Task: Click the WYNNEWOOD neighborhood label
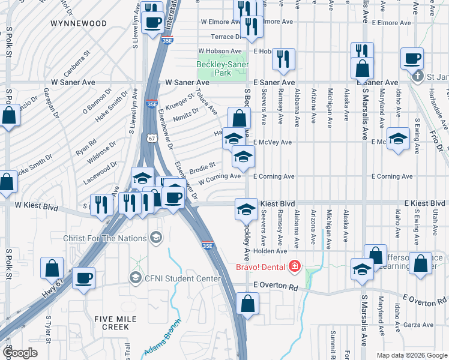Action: (79, 23)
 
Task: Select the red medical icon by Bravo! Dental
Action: (294, 265)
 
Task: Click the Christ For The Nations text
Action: (105, 238)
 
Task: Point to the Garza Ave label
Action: (419, 325)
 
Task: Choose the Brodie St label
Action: (202, 165)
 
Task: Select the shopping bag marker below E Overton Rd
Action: (247, 304)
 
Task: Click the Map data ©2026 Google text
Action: (411, 355)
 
